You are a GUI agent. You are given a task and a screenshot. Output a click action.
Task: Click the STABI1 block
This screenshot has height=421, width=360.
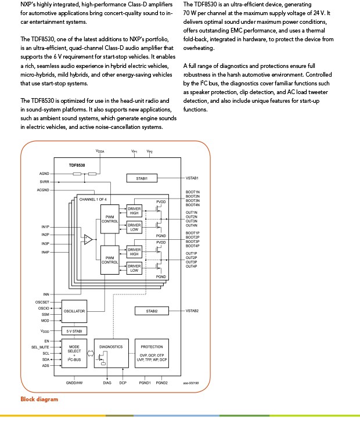(x=142, y=178)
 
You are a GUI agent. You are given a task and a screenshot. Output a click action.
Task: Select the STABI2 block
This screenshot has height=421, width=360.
(x=152, y=311)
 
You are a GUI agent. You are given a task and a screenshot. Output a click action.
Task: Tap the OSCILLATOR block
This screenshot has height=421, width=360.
(x=74, y=311)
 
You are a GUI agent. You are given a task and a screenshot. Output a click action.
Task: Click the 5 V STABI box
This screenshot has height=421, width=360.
(x=74, y=332)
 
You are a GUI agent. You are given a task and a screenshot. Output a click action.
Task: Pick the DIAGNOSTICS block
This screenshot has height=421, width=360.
(x=111, y=353)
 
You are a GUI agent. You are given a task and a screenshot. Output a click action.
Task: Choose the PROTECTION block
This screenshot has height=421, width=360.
(x=152, y=353)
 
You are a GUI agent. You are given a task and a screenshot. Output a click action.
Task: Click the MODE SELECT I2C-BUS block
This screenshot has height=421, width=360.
(x=74, y=353)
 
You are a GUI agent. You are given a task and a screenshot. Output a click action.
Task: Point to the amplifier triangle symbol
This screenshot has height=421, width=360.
(x=88, y=239)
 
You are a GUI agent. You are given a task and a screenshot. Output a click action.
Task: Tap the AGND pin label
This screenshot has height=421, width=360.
(x=44, y=174)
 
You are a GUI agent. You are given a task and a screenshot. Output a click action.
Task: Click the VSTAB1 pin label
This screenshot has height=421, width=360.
(x=192, y=178)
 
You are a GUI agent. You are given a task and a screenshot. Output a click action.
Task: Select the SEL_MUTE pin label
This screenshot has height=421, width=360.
(x=40, y=347)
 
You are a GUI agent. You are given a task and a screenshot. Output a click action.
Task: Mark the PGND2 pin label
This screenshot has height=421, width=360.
(x=161, y=383)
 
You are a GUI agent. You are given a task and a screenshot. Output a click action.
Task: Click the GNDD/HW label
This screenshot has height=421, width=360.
(x=74, y=383)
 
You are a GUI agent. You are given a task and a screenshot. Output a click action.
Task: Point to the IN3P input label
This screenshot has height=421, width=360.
(x=45, y=244)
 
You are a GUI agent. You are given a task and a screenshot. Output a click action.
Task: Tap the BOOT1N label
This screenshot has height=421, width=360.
(x=193, y=192)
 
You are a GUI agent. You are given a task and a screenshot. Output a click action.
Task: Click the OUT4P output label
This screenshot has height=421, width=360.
(x=192, y=267)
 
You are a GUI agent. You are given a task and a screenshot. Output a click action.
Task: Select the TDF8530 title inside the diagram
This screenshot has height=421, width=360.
(x=77, y=165)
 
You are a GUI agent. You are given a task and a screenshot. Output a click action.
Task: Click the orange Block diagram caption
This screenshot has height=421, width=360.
(x=39, y=400)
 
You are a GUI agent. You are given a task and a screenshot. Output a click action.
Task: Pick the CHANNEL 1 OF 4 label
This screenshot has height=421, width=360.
(x=93, y=200)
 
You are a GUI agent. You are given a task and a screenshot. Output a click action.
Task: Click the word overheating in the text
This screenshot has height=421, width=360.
(x=199, y=48)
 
